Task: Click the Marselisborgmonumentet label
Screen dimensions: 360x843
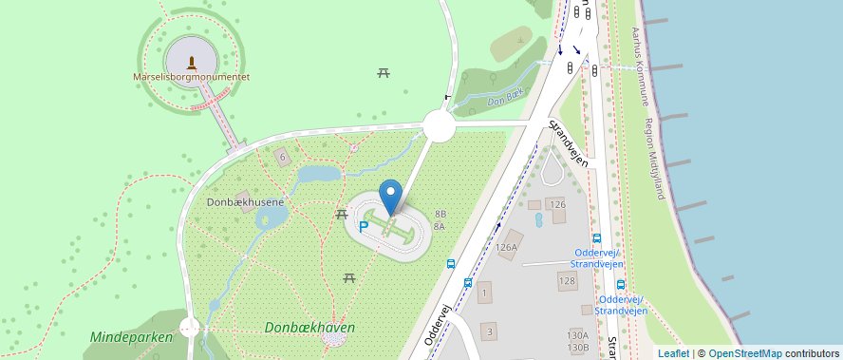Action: coord(191,75)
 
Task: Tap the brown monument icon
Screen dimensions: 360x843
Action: coord(192,62)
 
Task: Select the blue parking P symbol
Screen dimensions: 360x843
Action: coord(364,226)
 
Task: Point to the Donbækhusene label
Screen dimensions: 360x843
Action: coord(244,202)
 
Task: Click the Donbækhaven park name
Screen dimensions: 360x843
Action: coord(310,327)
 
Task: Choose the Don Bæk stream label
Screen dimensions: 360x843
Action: coord(504,100)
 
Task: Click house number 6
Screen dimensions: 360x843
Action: coord(281,156)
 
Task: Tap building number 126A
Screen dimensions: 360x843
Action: coord(507,247)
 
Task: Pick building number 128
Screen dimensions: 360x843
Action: coord(566,280)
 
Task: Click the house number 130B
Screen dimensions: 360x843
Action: coord(577,348)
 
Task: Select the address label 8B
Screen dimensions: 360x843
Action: coord(440,214)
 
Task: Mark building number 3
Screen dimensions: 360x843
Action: coord(489,332)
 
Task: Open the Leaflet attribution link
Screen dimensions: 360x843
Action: coord(673,353)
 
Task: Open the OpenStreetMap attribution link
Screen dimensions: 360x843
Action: coord(745,353)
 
